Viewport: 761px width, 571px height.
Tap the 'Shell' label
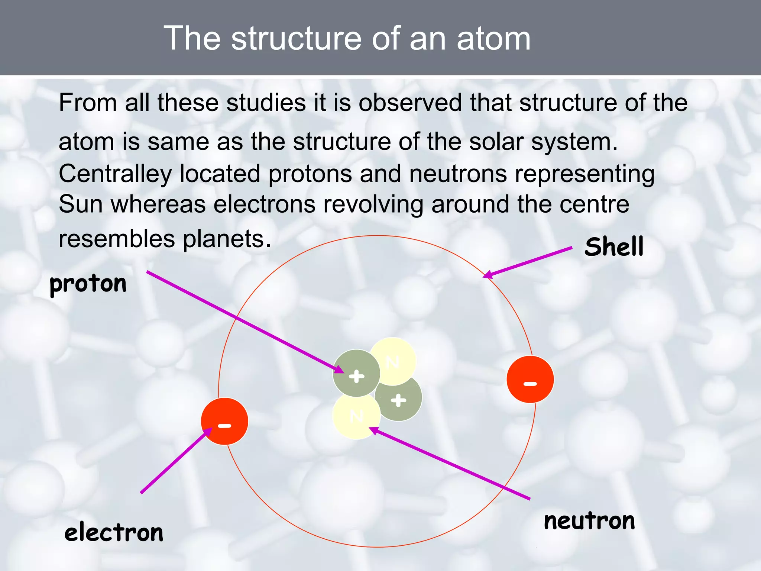[613, 247]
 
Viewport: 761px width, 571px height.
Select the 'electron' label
[114, 532]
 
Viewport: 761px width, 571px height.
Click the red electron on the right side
[530, 380]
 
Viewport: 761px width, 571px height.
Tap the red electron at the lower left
[224, 421]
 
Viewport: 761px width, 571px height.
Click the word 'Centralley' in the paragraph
[115, 174]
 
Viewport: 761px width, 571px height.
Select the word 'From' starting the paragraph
[88, 103]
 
